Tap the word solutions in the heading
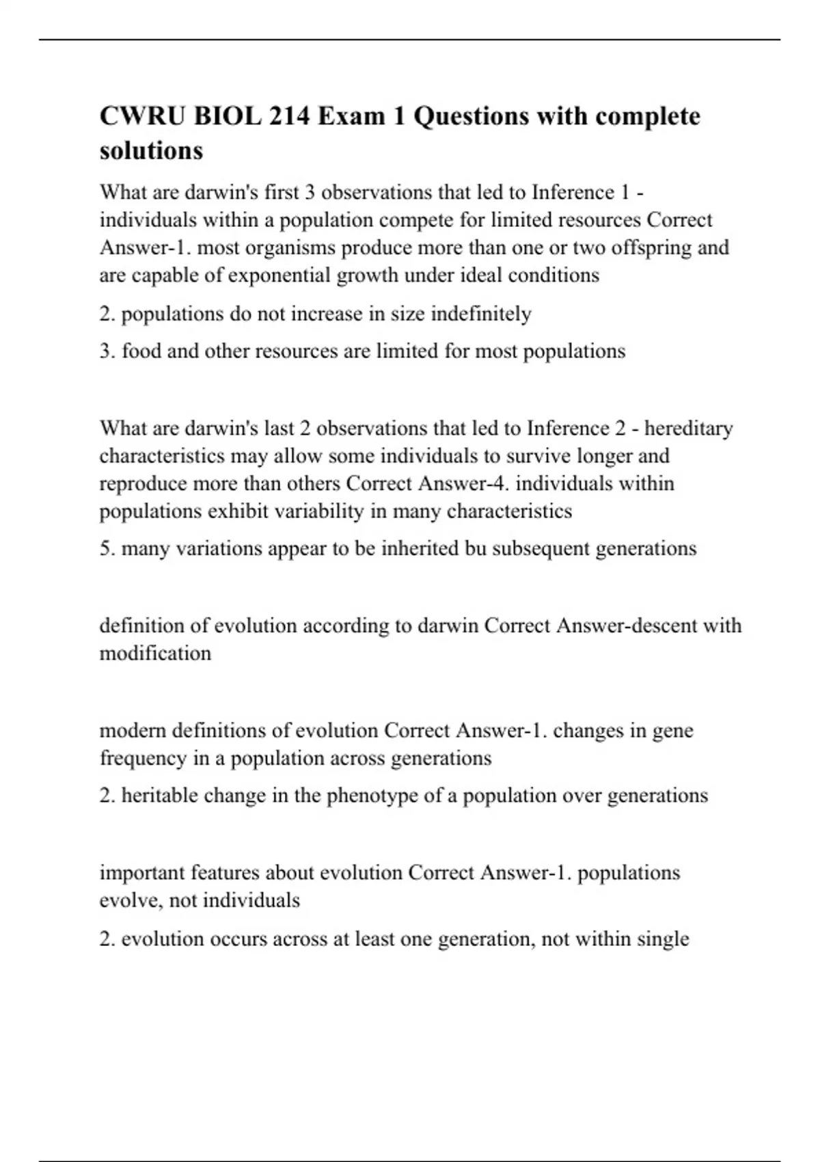(x=151, y=150)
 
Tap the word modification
(x=155, y=653)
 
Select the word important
(x=142, y=873)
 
